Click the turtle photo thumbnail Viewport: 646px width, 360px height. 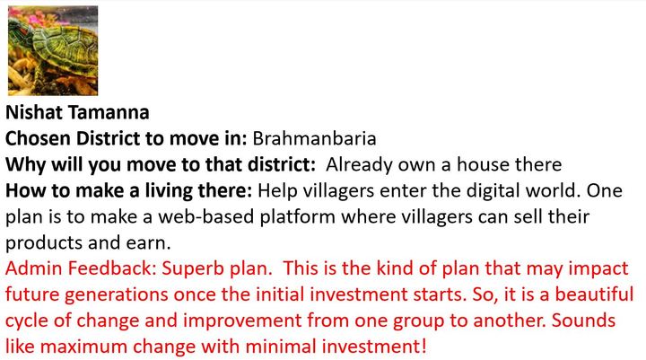pyautogui.click(x=53, y=50)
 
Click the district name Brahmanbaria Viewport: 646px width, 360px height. pyautogui.click(x=314, y=138)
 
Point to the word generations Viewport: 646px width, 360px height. pyautogui.click(x=116, y=295)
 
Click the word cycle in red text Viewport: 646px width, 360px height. pyautogui.click(x=27, y=321)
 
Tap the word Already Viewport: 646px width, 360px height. pyautogui.click(x=359, y=165)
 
